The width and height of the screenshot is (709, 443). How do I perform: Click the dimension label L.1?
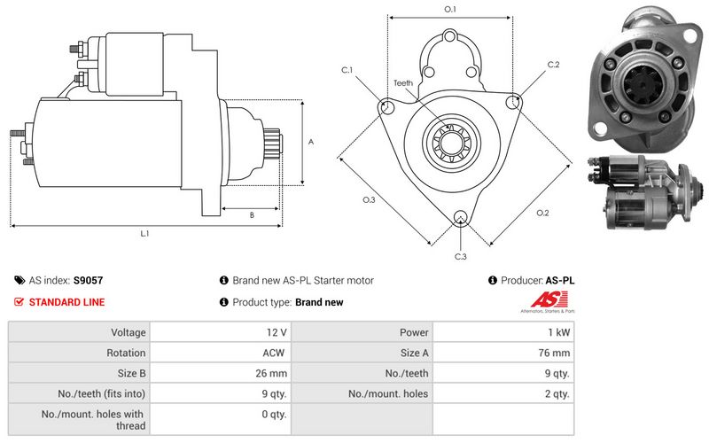pyautogui.click(x=144, y=234)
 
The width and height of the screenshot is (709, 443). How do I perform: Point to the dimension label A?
pyautogui.click(x=310, y=141)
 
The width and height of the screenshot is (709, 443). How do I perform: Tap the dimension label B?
pyautogui.click(x=252, y=214)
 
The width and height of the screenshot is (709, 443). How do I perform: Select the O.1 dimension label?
pyautogui.click(x=449, y=10)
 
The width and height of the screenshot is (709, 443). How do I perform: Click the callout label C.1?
pyautogui.click(x=347, y=70)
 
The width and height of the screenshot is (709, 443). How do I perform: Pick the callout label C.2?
pyautogui.click(x=553, y=65)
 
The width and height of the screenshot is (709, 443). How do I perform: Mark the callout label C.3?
pyautogui.click(x=460, y=256)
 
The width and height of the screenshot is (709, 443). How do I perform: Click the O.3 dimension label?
pyautogui.click(x=369, y=200)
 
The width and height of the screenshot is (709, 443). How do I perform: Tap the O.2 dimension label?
pyautogui.click(x=542, y=213)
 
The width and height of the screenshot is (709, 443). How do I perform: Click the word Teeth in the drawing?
pyautogui.click(x=403, y=83)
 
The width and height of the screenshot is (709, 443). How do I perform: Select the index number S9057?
pyautogui.click(x=88, y=281)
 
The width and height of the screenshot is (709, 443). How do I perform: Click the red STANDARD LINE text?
pyautogui.click(x=66, y=302)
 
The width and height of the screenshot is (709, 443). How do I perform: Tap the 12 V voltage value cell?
pyautogui.click(x=275, y=333)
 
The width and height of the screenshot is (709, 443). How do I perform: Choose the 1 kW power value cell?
pyautogui.click(x=557, y=333)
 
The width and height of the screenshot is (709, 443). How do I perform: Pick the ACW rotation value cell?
pyautogui.click(x=275, y=353)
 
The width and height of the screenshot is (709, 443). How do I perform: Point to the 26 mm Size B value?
pyautogui.click(x=271, y=373)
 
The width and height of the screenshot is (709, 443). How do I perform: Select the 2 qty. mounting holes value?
pyautogui.click(x=555, y=393)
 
